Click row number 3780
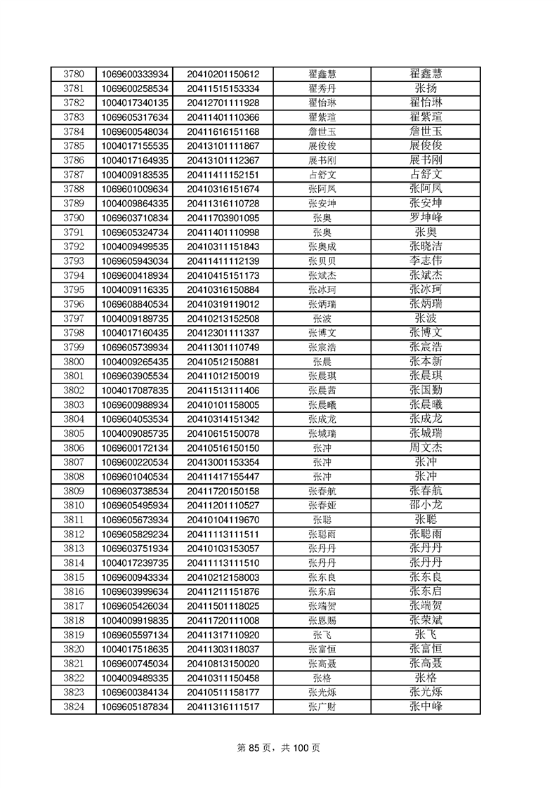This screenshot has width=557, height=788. point(74,74)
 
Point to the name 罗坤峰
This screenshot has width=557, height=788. point(426,218)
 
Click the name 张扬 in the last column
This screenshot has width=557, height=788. point(426,88)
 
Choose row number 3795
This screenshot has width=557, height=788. point(74,289)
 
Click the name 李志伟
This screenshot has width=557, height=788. point(426,261)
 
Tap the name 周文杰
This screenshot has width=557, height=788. point(426,447)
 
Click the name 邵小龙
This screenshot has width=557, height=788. point(426,505)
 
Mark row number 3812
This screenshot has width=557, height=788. point(74,534)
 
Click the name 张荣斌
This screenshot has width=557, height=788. point(426,620)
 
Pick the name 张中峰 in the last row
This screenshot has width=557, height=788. point(426,707)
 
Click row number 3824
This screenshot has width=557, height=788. point(74,707)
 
